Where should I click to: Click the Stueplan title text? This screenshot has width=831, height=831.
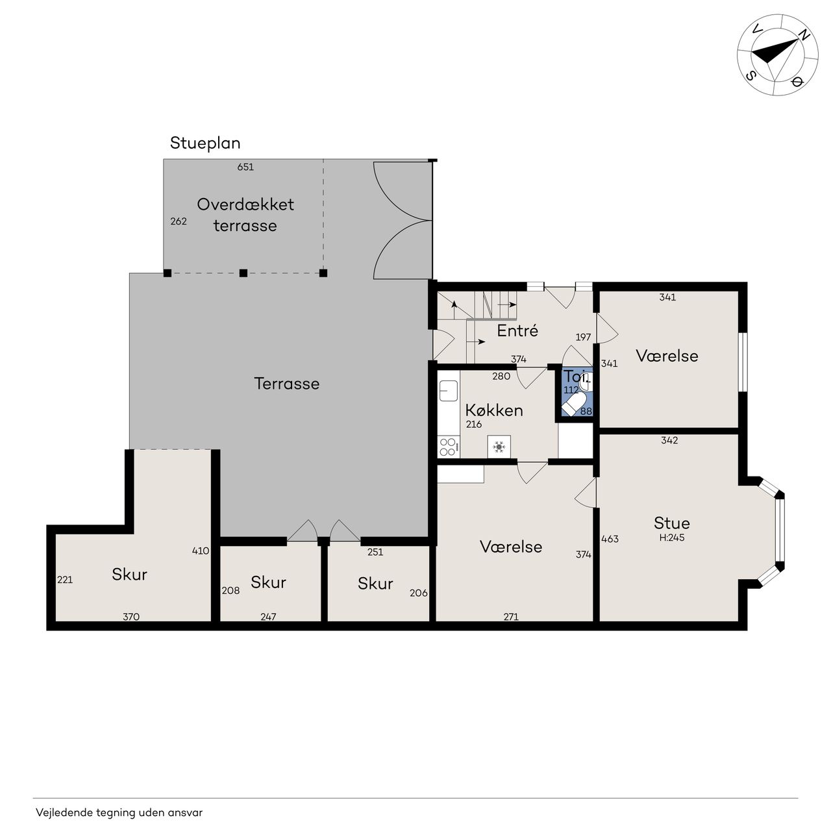coord(205,143)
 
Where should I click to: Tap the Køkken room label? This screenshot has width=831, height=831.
coord(494,410)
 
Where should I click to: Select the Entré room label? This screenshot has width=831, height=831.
coord(517,330)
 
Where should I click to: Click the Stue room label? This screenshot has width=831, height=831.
coord(671,523)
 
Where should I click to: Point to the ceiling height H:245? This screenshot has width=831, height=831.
coord(672,538)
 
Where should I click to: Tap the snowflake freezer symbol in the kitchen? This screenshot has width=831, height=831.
coord(499,447)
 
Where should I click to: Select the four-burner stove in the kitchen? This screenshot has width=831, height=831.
coord(448,447)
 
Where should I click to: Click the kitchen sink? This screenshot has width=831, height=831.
coord(449,391)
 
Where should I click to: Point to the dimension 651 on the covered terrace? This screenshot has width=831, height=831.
coord(245,167)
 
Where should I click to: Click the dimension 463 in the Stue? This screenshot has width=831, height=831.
coord(610,539)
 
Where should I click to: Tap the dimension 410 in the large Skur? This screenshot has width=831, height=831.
coord(201,551)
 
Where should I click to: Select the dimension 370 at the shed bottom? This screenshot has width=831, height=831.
coord(131,617)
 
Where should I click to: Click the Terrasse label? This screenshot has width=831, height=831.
coord(287,384)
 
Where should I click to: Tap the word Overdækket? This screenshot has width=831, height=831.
coord(245,205)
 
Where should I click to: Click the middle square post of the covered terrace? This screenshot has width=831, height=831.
coord(243,273)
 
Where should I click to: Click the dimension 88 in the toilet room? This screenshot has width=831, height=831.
coord(586,412)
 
